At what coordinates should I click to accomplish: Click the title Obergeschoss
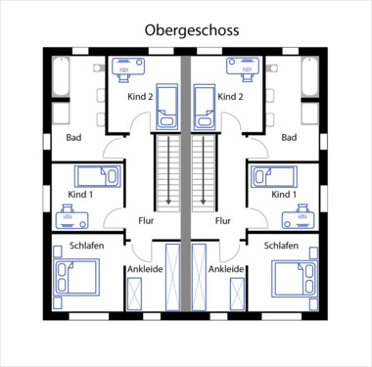[x=192, y=30]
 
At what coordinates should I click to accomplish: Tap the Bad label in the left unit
[x=73, y=137]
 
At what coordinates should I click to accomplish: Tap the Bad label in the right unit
[x=289, y=137]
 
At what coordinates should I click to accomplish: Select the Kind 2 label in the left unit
[x=140, y=97]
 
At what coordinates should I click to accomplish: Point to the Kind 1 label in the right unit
[x=284, y=195]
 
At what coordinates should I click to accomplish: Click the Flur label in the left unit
[x=146, y=221]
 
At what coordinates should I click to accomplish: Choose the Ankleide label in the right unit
[x=226, y=269]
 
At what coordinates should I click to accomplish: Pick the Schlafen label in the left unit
[x=87, y=246]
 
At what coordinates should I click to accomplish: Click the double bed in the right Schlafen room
[x=295, y=278]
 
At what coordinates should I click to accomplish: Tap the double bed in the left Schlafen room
[x=77, y=277]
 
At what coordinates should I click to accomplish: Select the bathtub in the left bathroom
[x=61, y=77]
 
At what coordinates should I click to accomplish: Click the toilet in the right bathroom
[x=272, y=69]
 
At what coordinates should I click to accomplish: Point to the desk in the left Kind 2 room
[x=128, y=69]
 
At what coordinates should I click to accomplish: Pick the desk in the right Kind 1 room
[x=299, y=216]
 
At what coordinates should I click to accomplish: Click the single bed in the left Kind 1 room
[x=98, y=176]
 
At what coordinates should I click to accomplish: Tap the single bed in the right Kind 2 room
[x=205, y=107]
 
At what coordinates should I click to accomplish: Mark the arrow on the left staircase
[x=168, y=170]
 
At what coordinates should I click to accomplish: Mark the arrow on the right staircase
[x=203, y=170]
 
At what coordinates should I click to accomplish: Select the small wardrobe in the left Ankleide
[x=134, y=294]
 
